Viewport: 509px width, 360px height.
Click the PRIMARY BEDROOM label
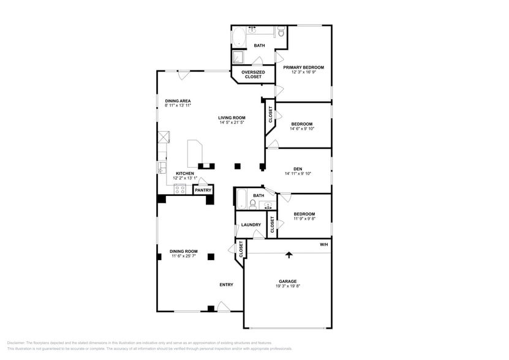point(303,67)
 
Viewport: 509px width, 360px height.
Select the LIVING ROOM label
point(232,118)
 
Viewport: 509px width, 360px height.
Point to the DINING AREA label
point(178,100)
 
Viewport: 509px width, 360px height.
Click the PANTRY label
point(203,190)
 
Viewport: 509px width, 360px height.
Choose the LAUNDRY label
point(251,225)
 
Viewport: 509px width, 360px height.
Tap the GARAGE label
point(288,281)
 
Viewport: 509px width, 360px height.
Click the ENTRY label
point(226,285)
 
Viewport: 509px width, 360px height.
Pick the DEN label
point(298,168)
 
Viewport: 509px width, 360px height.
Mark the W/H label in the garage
point(323,245)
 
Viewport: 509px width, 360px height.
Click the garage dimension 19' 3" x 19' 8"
point(288,286)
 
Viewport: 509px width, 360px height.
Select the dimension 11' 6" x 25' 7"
point(184,256)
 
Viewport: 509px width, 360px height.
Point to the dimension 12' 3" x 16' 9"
point(303,72)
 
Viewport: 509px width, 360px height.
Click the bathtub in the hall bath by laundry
point(241,200)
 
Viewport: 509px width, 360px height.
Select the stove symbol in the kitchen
point(181,189)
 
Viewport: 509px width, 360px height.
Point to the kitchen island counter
point(194,153)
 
